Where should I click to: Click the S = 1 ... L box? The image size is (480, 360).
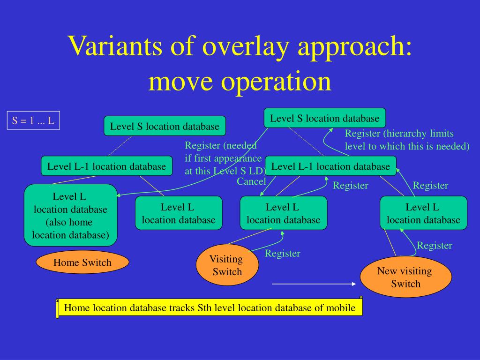(x=33, y=120)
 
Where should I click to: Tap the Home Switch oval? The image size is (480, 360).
(x=82, y=262)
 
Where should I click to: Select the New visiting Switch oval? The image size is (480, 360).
(x=405, y=277)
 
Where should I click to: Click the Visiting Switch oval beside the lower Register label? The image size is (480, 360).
(x=227, y=265)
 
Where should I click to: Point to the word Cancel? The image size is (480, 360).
(x=251, y=181)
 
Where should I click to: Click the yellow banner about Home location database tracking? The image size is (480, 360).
(x=210, y=308)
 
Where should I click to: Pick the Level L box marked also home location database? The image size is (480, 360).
(x=70, y=215)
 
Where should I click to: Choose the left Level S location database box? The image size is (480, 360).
(x=165, y=126)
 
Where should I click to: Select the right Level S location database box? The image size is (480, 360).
(x=324, y=118)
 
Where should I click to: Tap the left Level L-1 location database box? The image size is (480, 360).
(x=106, y=166)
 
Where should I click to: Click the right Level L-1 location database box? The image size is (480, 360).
(x=330, y=166)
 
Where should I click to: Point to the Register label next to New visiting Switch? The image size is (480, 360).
(x=435, y=245)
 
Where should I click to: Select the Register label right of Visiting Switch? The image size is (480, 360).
(x=282, y=254)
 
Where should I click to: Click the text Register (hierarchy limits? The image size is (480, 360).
(x=399, y=134)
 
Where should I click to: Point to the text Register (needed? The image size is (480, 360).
(x=221, y=145)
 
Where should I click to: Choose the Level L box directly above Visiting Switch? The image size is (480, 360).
(x=283, y=213)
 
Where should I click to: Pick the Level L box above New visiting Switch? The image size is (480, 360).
(x=423, y=213)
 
